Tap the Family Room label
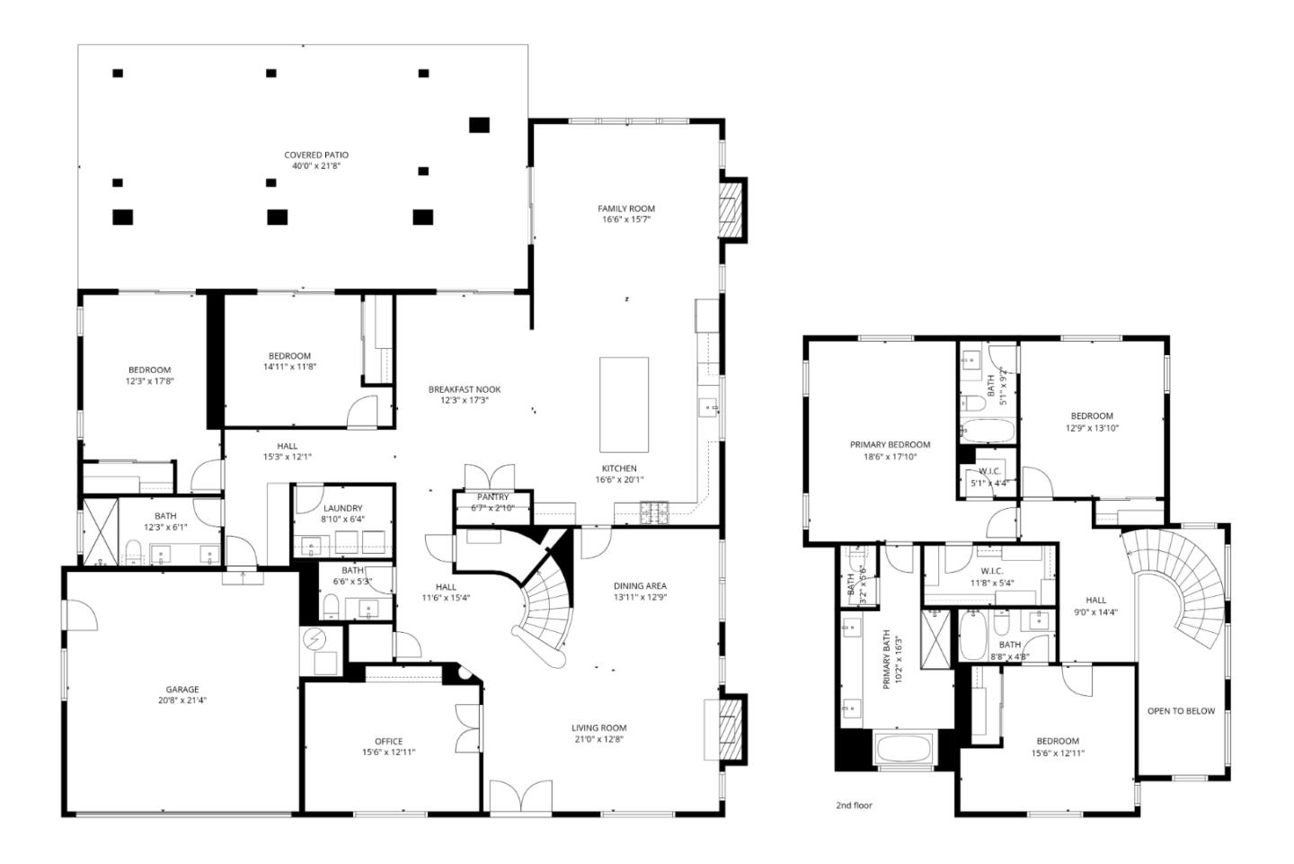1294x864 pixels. click(626, 209)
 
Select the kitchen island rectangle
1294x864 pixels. click(625, 405)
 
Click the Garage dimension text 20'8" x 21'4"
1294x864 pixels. click(182, 700)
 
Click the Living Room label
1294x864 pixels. click(598, 728)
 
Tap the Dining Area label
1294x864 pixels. click(640, 586)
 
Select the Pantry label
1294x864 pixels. click(492, 497)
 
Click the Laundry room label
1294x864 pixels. click(342, 508)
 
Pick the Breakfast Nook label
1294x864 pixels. click(465, 389)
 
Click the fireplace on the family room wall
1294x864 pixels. click(732, 209)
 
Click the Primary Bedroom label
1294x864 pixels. click(890, 444)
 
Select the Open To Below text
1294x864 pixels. click(1181, 711)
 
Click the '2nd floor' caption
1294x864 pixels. click(854, 806)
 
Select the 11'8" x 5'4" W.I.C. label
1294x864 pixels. click(991, 576)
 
